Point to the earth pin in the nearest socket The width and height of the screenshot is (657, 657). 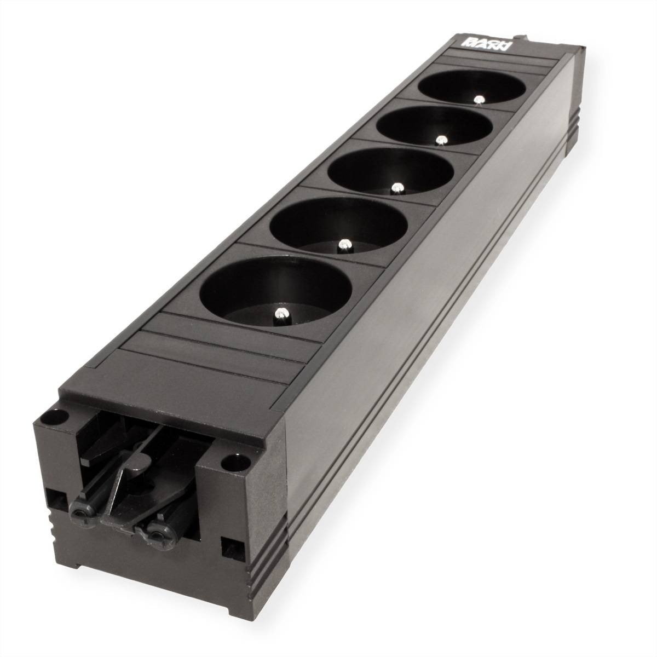click(281, 314)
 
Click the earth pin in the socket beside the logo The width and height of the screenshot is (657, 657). click(479, 100)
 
